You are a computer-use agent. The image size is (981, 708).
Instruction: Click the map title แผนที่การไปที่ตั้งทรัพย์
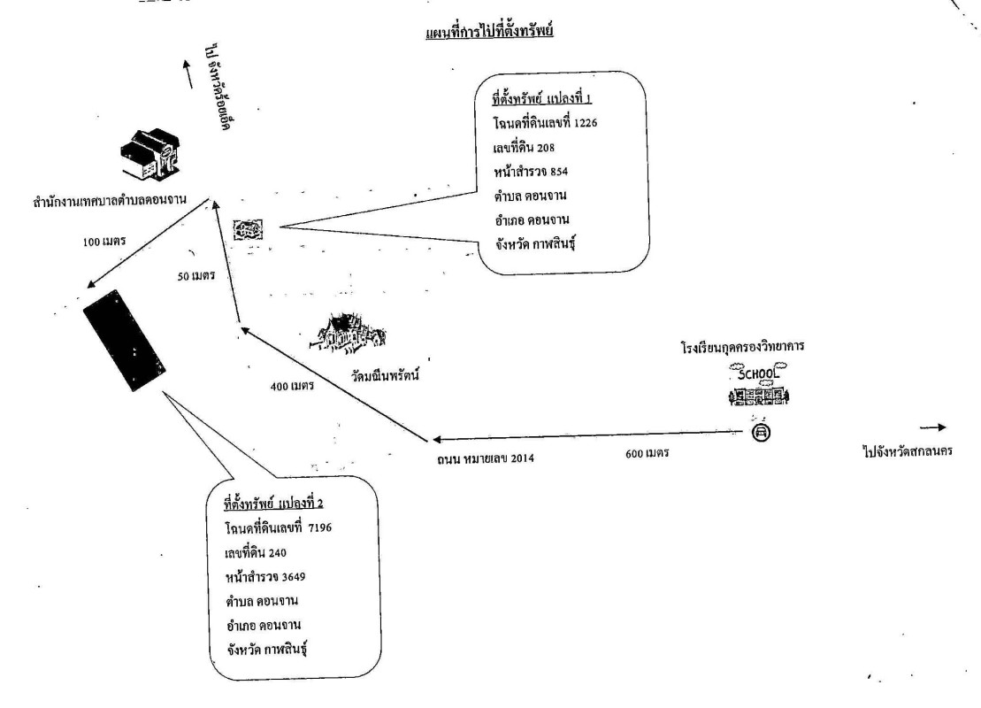489,31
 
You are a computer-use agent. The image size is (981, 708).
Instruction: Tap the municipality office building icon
150,154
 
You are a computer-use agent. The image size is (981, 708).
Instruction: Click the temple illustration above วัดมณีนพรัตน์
348,333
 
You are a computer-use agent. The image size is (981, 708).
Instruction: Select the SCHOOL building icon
758,384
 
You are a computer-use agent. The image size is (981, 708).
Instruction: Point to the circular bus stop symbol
761,432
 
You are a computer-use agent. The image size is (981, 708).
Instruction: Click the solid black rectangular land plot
125,340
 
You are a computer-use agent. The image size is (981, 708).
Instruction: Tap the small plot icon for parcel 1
248,230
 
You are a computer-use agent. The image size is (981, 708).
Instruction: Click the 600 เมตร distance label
647,452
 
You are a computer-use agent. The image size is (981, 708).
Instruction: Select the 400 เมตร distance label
292,386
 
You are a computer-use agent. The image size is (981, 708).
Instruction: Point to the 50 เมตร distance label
196,275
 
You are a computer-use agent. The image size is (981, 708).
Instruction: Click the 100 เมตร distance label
104,241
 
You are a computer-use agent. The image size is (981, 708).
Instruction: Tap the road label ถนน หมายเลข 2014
486,458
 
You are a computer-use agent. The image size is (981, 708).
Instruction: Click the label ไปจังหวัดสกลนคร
908,451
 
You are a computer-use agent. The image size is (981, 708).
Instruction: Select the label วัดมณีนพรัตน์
385,375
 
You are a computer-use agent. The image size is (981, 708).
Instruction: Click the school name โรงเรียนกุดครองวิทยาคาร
743,346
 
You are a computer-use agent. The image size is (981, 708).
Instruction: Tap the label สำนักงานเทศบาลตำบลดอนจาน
110,201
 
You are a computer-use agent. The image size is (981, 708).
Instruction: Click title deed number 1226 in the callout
586,123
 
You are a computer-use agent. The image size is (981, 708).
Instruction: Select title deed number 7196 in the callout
319,527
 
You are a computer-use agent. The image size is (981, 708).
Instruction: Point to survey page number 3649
294,576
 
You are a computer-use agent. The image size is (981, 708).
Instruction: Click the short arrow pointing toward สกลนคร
933,427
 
